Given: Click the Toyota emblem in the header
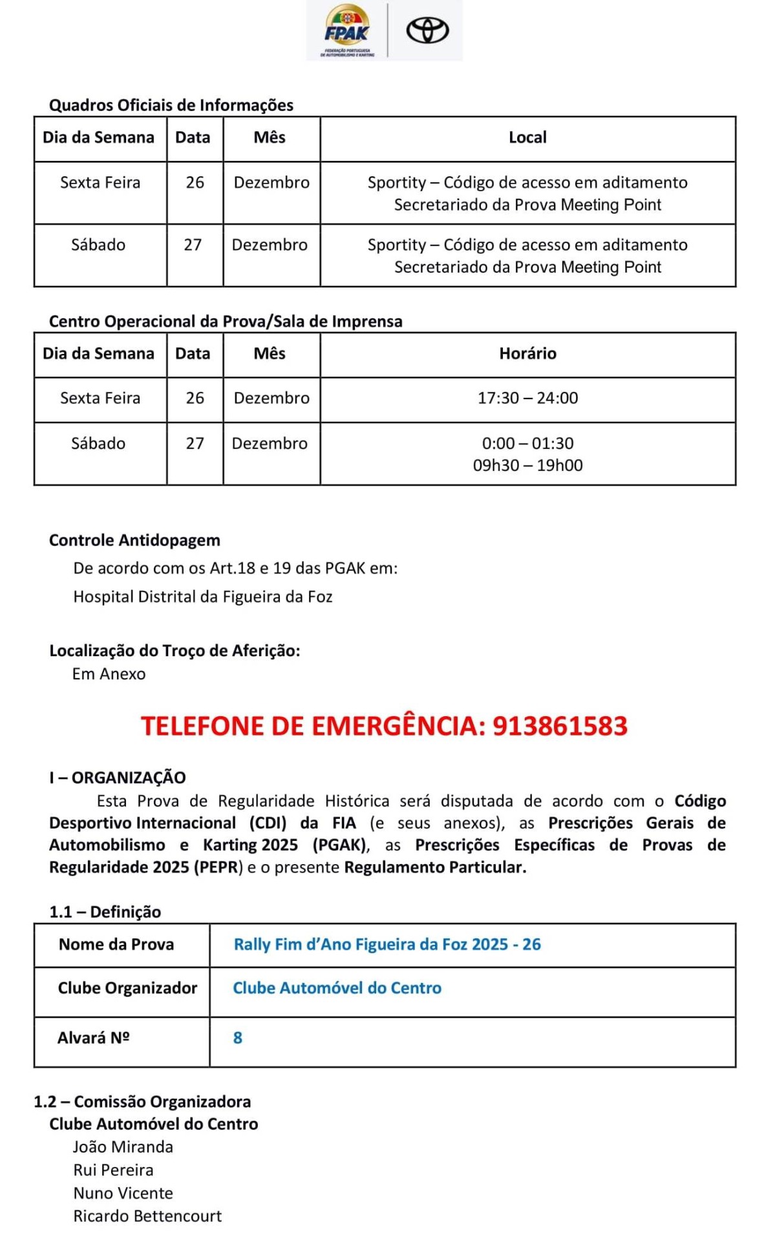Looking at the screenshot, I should tap(427, 30).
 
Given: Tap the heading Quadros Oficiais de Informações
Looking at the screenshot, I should tap(171, 105).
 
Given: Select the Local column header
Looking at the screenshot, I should tap(527, 138).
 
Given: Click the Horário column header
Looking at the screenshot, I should tap(527, 353).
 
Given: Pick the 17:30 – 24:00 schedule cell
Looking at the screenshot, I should tap(527, 398).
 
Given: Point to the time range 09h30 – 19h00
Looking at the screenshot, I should tap(527, 465).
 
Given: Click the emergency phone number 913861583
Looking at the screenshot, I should tap(560, 726).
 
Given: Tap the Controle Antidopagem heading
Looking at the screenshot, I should tap(134, 540).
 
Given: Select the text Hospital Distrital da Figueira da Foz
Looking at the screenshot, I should tap(203, 597).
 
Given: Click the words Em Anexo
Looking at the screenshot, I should tap(109, 674).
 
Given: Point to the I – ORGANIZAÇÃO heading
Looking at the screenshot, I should tap(118, 778).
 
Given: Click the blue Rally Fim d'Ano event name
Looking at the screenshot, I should tap(387, 944).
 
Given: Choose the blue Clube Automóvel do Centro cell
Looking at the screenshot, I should tap(337, 987).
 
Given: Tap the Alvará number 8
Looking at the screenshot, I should tap(238, 1037).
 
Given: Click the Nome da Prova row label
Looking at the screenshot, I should tap(116, 944).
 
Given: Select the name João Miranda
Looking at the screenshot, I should tap(123, 1146).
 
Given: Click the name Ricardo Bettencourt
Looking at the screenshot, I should tap(147, 1216).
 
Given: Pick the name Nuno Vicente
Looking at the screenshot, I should tap(123, 1193).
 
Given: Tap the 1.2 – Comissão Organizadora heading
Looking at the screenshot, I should tap(142, 1101).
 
